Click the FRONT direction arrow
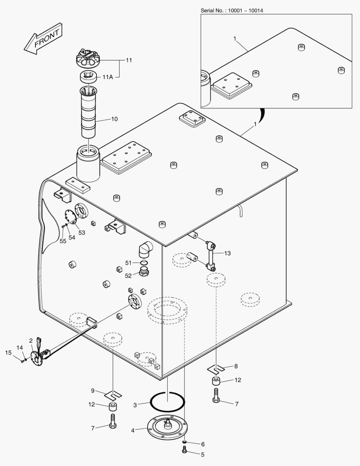click(43, 40)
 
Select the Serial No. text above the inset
click(232, 10)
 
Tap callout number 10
click(114, 119)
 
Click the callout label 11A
click(108, 77)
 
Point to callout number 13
click(227, 253)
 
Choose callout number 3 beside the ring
click(135, 405)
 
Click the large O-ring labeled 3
click(168, 402)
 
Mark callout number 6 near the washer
click(203, 444)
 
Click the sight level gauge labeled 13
click(212, 257)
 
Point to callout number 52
click(128, 276)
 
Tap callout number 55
click(63, 241)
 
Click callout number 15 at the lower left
click(8, 353)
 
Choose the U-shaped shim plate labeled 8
click(217, 369)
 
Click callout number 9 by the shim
click(92, 390)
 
